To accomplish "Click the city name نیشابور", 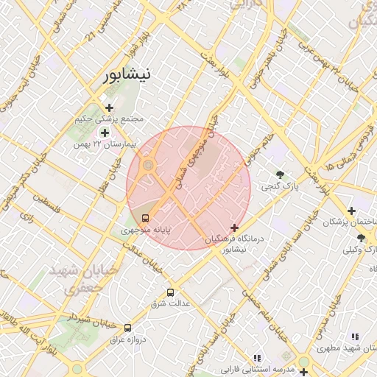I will (126, 74).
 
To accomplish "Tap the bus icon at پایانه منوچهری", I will (145, 218).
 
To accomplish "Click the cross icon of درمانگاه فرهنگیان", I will (235, 228).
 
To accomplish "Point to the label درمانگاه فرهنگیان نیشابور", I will (236, 244).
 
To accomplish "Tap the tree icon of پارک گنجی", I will (281, 175).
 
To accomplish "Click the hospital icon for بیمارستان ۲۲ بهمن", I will (105, 133).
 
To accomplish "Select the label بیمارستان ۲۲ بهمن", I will (105, 144).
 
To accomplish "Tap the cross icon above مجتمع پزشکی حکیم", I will (110, 108).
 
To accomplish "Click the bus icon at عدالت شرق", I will (171, 292).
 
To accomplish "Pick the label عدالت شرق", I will (171, 303).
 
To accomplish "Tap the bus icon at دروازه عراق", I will (128, 328).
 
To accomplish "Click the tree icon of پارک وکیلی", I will (361, 238).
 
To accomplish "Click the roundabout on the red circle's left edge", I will (147, 166).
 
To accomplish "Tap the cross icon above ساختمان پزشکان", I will (352, 211).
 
